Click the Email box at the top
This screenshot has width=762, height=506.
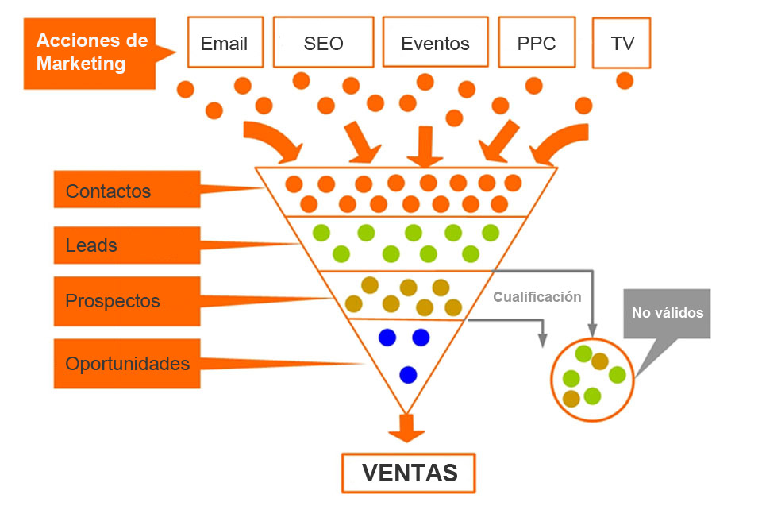[225, 42]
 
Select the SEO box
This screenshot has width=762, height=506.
[323, 42]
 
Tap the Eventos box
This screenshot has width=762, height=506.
[434, 42]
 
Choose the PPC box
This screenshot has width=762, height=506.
[536, 42]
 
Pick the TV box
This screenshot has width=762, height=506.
[622, 42]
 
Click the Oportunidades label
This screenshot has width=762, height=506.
[127, 364]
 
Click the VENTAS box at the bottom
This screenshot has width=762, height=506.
[410, 473]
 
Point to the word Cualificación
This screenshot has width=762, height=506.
[537, 297]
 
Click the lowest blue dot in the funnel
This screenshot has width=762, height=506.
[408, 373]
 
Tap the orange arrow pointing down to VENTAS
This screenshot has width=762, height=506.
[407, 429]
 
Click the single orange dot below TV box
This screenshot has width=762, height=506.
[625, 80]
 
